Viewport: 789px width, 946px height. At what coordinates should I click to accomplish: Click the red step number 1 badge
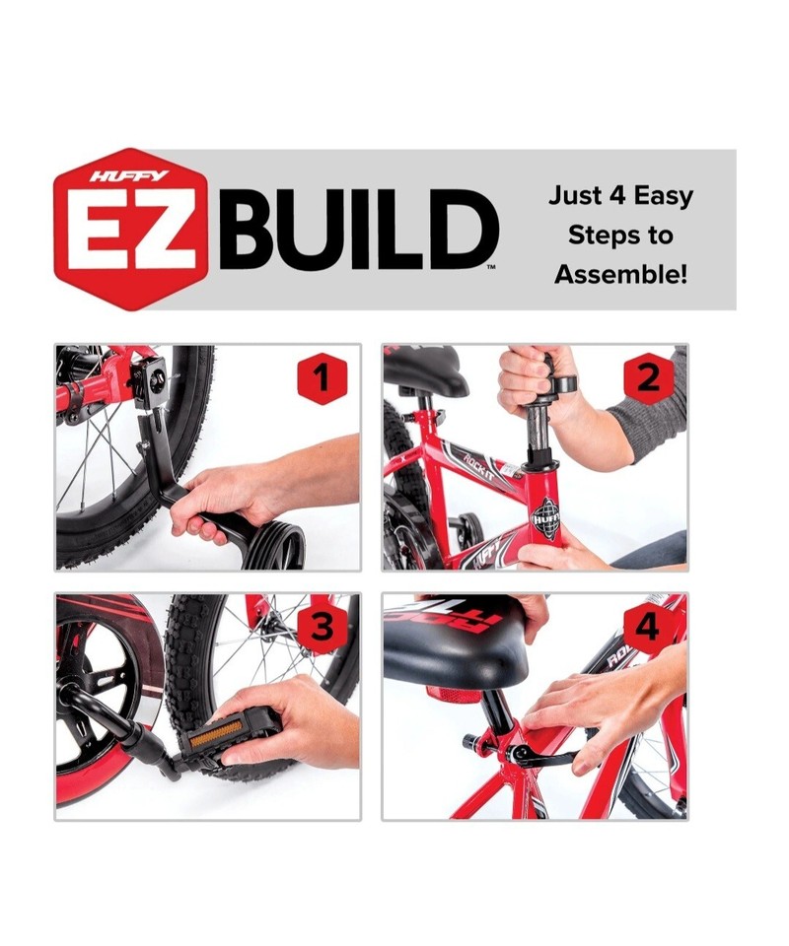pyautogui.click(x=323, y=378)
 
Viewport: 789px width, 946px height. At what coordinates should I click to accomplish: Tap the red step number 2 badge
pyautogui.click(x=648, y=378)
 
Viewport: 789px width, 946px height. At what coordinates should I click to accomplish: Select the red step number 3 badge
pyautogui.click(x=322, y=628)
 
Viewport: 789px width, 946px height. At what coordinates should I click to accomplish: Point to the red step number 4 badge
pyautogui.click(x=648, y=628)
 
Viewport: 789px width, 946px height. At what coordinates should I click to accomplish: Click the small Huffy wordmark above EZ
pyautogui.click(x=130, y=176)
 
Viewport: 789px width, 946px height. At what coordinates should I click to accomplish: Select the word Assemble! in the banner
pyautogui.click(x=620, y=275)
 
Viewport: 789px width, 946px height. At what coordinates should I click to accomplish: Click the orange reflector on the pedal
pyautogui.click(x=216, y=733)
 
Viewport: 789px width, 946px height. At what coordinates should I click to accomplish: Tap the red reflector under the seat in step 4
pyautogui.click(x=453, y=695)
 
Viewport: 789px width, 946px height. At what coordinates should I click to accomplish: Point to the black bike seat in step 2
pyautogui.click(x=426, y=368)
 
